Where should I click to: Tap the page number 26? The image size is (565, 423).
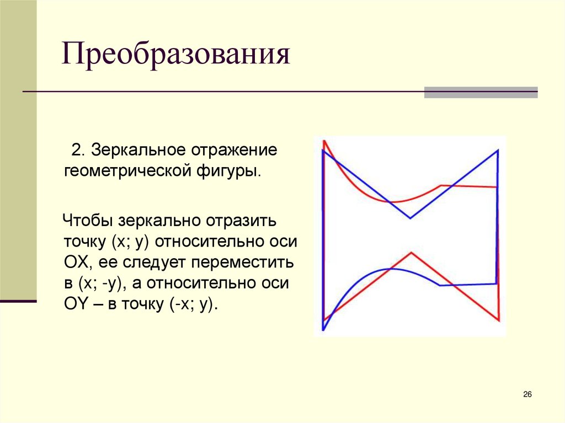coord(527,394)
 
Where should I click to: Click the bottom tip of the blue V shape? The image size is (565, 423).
coord(410,218)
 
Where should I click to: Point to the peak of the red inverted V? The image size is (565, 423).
coord(411,253)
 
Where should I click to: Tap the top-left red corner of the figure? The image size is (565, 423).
coord(324,141)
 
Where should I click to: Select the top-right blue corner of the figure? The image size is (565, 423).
coord(498,149)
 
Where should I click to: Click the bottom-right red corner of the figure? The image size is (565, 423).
coord(499,320)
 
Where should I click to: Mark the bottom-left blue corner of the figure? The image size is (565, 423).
coord(323,330)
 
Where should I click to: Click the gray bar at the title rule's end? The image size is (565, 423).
coord(481,92)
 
